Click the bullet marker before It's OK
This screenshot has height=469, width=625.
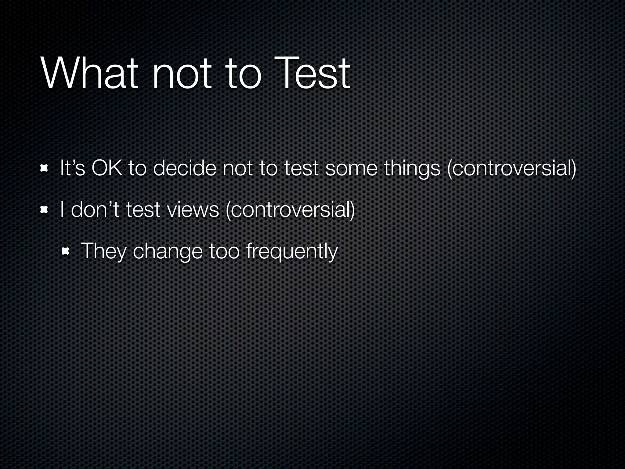point(45,168)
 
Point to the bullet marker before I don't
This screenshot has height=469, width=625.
point(45,210)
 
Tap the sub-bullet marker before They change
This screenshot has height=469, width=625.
point(65,251)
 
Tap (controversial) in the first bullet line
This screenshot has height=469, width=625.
point(511,169)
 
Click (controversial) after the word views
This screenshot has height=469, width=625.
point(290,210)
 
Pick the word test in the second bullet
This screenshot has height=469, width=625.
point(143,210)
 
